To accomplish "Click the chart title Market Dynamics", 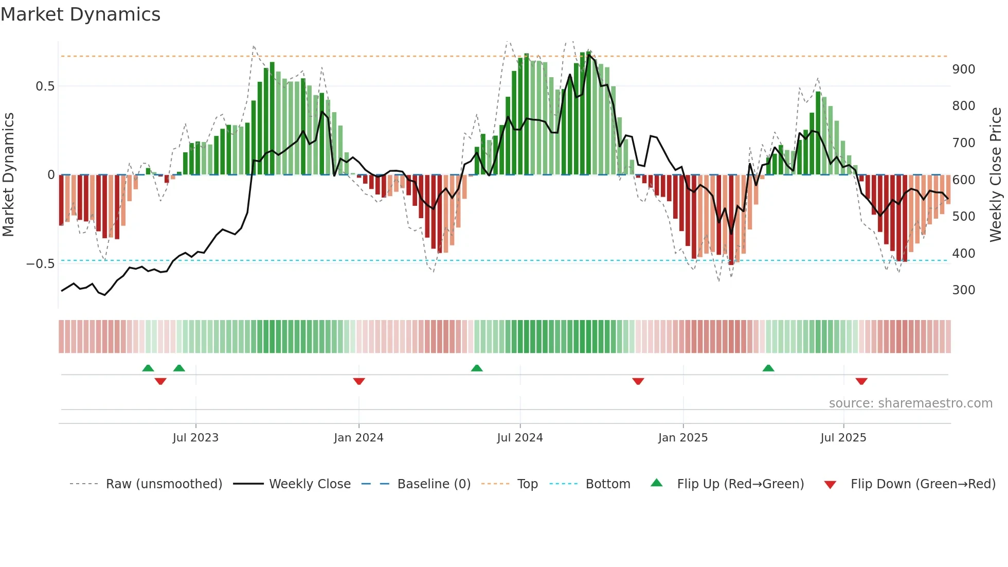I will pyautogui.click(x=80, y=14).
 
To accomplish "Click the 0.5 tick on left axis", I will pyautogui.click(x=45, y=86).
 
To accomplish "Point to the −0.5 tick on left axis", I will pyautogui.click(x=41, y=264).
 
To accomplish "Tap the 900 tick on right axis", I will pyautogui.click(x=963, y=69).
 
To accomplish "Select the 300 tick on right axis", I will pyautogui.click(x=963, y=290).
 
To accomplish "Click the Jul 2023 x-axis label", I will pyautogui.click(x=195, y=438).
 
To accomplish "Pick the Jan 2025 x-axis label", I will pyautogui.click(x=682, y=438).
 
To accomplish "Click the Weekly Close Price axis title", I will pyautogui.click(x=996, y=175).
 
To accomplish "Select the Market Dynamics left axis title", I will pyautogui.click(x=9, y=175).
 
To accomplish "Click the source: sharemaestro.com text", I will pyautogui.click(x=910, y=403).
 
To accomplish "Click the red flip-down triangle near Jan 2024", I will pyautogui.click(x=359, y=381).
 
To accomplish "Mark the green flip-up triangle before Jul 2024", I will pyautogui.click(x=477, y=368).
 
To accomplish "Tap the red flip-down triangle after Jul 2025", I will pyautogui.click(x=861, y=381).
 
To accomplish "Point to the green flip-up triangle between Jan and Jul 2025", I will pyautogui.click(x=768, y=368).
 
